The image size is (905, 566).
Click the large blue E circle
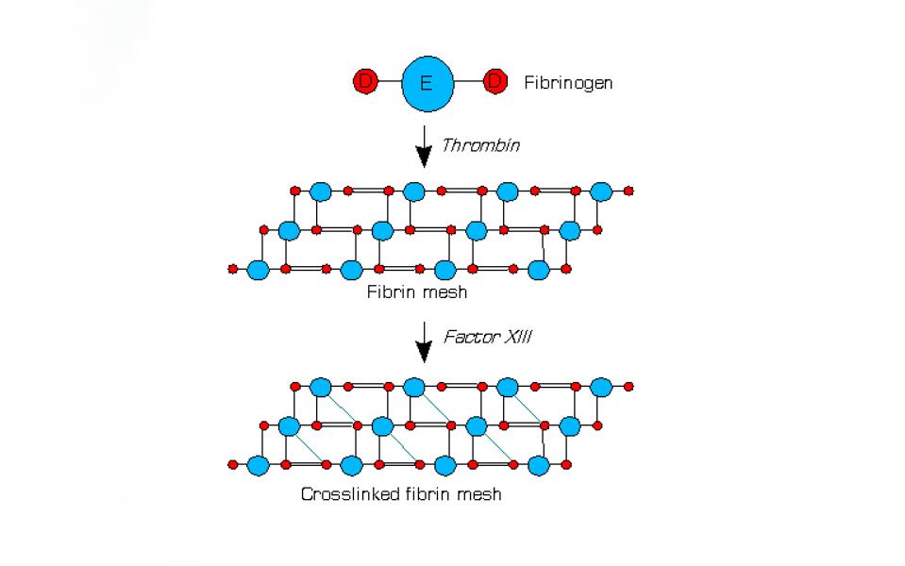pyautogui.click(x=427, y=84)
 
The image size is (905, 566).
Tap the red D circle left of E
pyautogui.click(x=365, y=81)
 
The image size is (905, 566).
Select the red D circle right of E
pyautogui.click(x=495, y=81)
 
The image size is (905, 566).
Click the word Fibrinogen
pyautogui.click(x=568, y=83)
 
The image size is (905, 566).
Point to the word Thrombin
pyautogui.click(x=480, y=145)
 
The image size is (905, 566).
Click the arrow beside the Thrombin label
pyautogui.click(x=425, y=146)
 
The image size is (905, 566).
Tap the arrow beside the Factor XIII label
pyautogui.click(x=425, y=342)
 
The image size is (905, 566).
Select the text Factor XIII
pyautogui.click(x=487, y=337)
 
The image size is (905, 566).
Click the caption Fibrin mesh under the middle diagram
pyautogui.click(x=417, y=291)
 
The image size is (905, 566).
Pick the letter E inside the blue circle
pyautogui.click(x=427, y=84)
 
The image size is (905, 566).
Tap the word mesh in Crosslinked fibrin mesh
pyautogui.click(x=478, y=494)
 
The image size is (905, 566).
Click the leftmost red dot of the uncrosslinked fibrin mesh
pyautogui.click(x=232, y=269)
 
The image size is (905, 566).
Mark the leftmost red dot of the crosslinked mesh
pyautogui.click(x=232, y=464)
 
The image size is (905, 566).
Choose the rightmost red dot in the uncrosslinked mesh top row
pyautogui.click(x=628, y=191)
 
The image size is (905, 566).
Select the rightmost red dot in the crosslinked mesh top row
pyautogui.click(x=628, y=387)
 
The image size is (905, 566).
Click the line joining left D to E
pyautogui.click(x=390, y=81)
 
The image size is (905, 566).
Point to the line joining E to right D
pyautogui.click(x=468, y=81)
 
